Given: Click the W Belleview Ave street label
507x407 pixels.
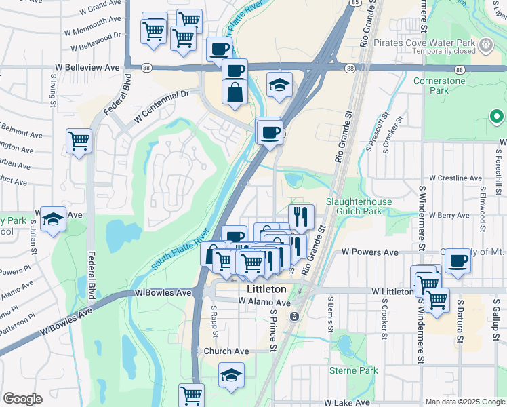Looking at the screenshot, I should tap(87, 68).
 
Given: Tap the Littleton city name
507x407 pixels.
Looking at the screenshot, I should tap(264, 289).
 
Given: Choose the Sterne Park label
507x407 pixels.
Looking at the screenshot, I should tap(353, 370).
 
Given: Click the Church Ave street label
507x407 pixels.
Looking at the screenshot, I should tap(226, 351).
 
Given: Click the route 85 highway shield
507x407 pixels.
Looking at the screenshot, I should tap(355, 3).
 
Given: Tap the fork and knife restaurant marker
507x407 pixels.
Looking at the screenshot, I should tap(301, 216).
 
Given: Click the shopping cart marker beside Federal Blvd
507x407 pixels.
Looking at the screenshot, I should tap(79, 141).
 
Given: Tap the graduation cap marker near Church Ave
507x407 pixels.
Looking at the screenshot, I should tap(231, 374).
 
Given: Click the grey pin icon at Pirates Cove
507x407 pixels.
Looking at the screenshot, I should tap(485, 45).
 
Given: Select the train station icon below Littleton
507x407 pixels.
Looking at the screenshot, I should tap(295, 316).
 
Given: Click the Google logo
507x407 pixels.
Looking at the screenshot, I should tap(22, 399).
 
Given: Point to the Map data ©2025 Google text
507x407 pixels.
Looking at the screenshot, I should tap(464, 402).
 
